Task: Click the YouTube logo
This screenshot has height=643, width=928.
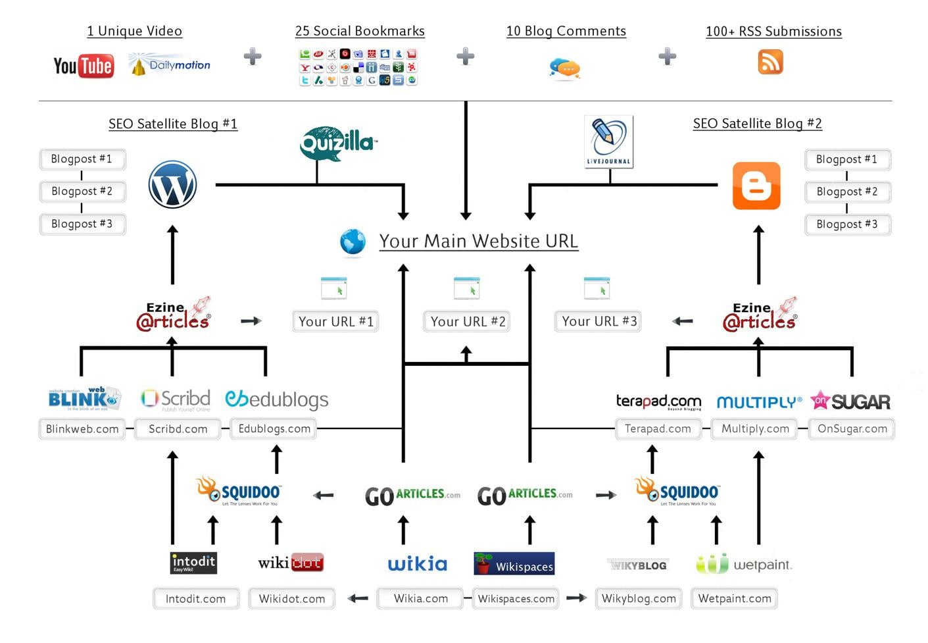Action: (x=84, y=66)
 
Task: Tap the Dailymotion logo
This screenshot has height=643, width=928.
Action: (x=170, y=65)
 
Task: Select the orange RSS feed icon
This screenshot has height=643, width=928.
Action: (x=770, y=63)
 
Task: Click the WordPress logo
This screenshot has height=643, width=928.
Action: (x=172, y=184)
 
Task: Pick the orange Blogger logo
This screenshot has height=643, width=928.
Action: (x=756, y=186)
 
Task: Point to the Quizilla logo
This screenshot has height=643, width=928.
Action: (x=337, y=143)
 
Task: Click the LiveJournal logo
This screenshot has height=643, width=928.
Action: (x=609, y=141)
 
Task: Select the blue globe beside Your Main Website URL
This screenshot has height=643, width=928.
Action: (x=353, y=242)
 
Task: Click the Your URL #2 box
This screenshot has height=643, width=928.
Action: (x=467, y=321)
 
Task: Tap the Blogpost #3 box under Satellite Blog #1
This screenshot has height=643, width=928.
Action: (x=82, y=224)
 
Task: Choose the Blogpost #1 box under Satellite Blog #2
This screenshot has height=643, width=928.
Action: (x=846, y=159)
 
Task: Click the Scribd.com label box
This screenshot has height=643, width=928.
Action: (x=178, y=429)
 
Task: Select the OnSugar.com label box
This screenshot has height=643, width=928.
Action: (x=852, y=429)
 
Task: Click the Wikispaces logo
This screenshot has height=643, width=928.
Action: (x=514, y=564)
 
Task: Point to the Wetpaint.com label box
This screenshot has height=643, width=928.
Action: (x=734, y=599)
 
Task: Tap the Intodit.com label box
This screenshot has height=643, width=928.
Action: (x=195, y=599)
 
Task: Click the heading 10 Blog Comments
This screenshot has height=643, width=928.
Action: (x=566, y=31)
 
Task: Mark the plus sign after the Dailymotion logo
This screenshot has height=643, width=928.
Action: (x=253, y=57)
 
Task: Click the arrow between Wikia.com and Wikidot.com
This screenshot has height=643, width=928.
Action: (x=357, y=598)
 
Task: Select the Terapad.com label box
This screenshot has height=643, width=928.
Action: (x=657, y=429)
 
